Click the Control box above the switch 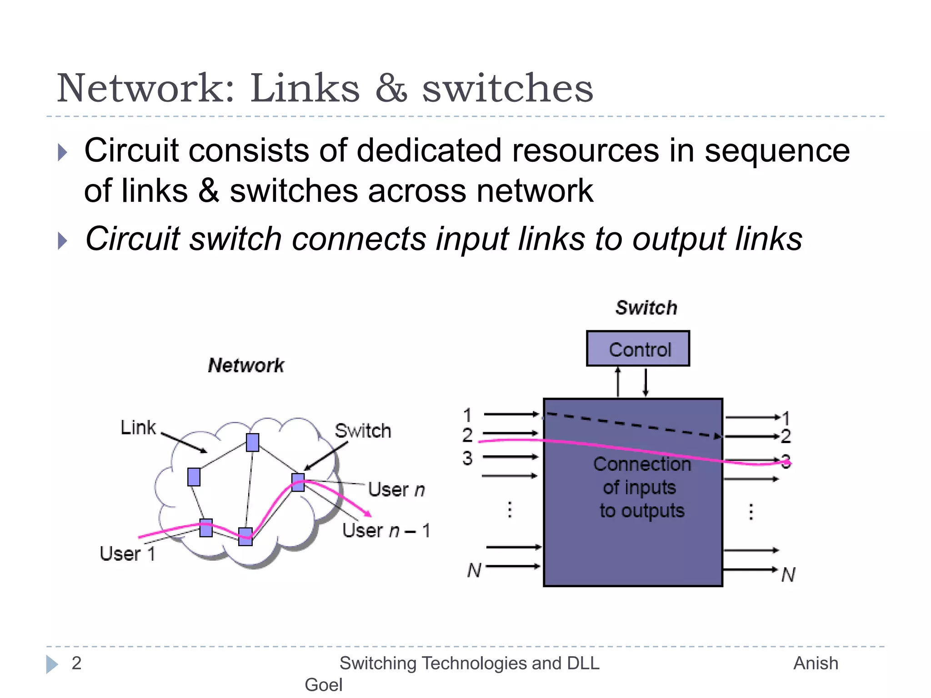638,349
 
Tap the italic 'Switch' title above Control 646,308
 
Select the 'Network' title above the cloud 246,365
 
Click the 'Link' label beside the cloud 138,428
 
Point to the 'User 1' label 127,553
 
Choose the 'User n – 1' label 386,530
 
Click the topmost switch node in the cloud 252,442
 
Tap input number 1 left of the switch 467,415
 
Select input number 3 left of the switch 467,458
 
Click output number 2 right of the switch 786,436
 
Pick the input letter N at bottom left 474,570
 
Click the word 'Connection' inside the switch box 642,464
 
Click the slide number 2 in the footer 76,663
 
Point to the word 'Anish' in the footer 816,663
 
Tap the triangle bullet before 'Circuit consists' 63,152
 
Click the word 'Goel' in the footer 323,684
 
